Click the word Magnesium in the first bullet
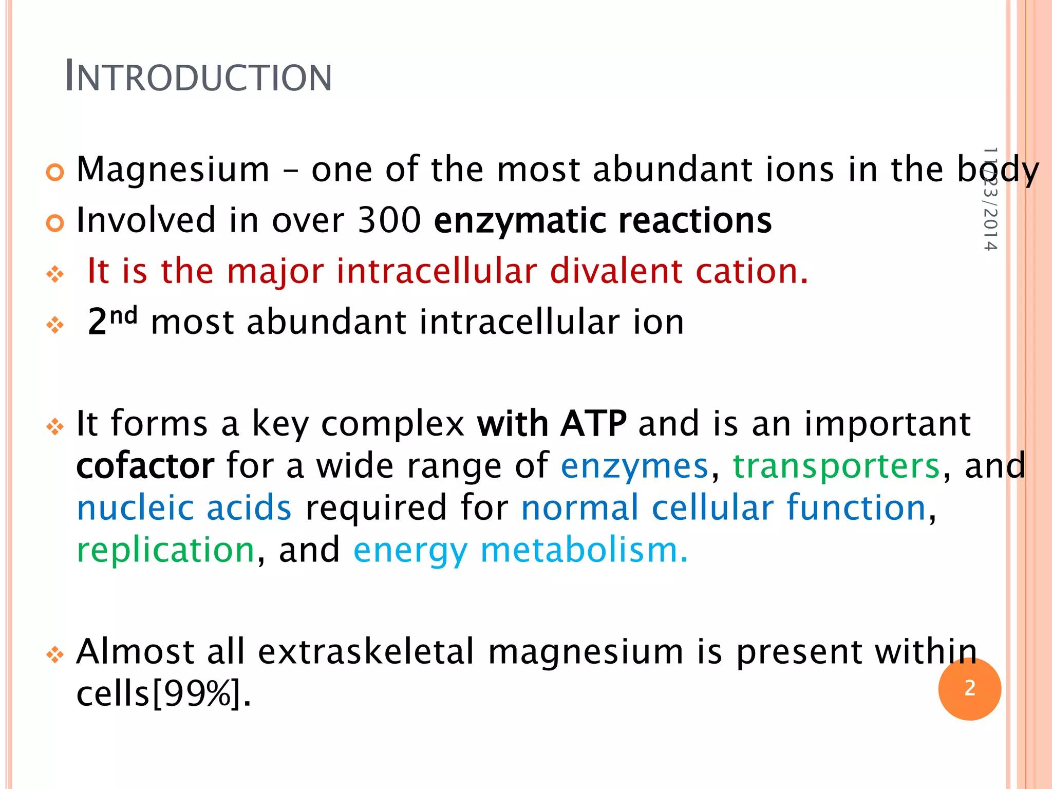pyautogui.click(x=173, y=170)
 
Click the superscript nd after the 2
pyautogui.click(x=124, y=314)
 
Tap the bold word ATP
pyautogui.click(x=593, y=424)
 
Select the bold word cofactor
pyautogui.click(x=145, y=466)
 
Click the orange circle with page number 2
pyautogui.click(x=969, y=689)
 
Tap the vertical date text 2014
pyautogui.click(x=990, y=229)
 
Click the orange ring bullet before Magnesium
pyautogui.click(x=55, y=173)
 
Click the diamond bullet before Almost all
pyautogui.click(x=55, y=655)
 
